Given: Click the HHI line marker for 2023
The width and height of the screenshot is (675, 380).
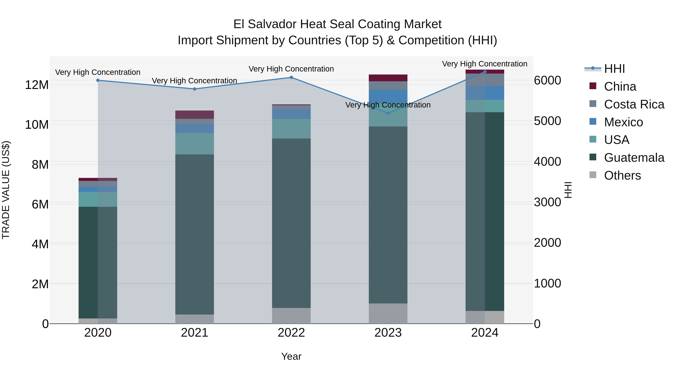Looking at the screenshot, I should tap(388, 113).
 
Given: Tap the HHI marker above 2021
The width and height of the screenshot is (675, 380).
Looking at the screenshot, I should tap(194, 89).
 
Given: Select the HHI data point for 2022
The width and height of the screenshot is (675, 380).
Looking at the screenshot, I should tap(291, 77).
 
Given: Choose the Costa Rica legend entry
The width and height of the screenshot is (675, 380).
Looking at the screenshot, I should tap(634, 104).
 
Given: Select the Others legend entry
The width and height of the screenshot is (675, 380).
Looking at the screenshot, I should tap(622, 175).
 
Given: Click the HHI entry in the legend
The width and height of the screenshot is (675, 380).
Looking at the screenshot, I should tap(614, 69).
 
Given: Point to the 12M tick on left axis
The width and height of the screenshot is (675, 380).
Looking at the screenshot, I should tap(37, 85).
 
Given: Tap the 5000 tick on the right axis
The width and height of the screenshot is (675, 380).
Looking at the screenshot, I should tap(547, 121).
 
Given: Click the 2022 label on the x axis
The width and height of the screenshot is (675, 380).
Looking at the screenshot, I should tap(291, 333).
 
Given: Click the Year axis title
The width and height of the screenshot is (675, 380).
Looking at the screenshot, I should tap(291, 356).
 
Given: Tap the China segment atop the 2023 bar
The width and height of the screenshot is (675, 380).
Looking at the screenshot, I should tap(388, 78).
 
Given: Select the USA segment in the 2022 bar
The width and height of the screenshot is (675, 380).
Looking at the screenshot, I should tap(291, 129).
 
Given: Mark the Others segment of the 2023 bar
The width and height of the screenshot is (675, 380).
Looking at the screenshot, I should tap(388, 313).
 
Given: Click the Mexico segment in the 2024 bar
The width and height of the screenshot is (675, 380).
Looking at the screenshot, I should tap(485, 93).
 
